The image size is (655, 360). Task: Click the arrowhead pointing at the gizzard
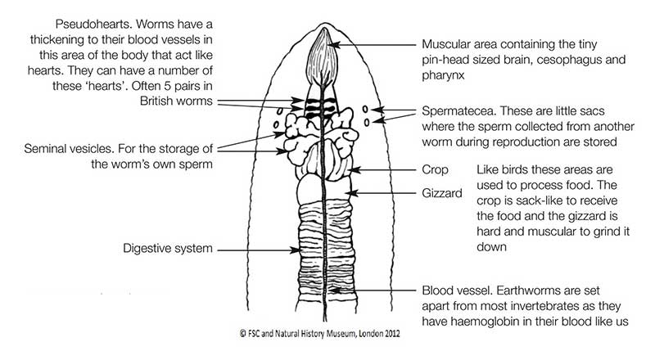(x=347, y=193)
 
